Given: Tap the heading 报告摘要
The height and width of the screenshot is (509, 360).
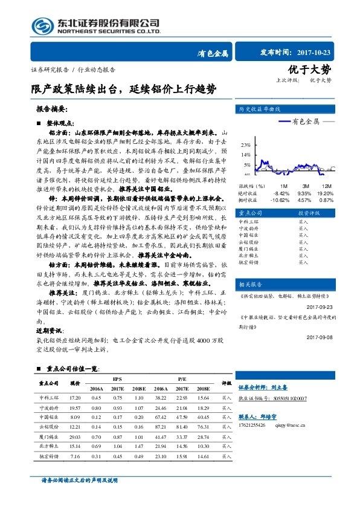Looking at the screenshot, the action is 53,111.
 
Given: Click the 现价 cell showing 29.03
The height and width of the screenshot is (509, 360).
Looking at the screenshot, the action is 76,436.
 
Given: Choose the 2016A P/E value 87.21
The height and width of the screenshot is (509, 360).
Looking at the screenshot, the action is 161,427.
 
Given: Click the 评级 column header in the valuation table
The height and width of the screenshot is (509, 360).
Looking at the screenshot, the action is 226,383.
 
